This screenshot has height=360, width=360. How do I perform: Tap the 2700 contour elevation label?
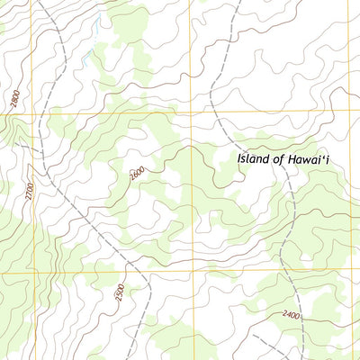(31, 191)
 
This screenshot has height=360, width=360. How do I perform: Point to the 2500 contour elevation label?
(120, 294)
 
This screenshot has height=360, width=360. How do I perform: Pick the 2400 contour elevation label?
(290, 314)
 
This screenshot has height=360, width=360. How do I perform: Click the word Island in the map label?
(256, 158)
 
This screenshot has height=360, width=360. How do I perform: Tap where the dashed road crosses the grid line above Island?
(216, 112)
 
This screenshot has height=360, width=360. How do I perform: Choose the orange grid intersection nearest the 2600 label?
(191, 112)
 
